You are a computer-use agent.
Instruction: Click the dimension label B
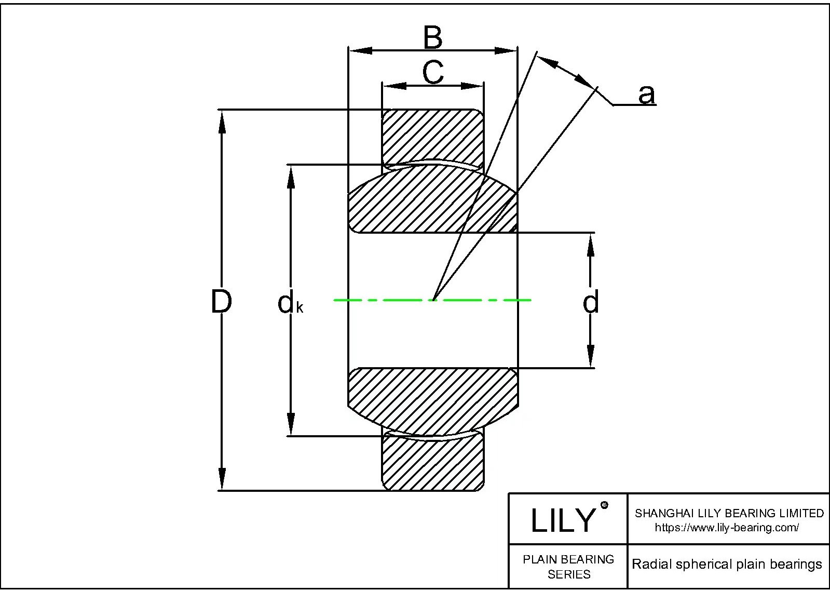click(x=432, y=37)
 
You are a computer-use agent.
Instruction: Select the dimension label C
click(x=432, y=72)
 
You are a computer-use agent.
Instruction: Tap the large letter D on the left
click(x=221, y=302)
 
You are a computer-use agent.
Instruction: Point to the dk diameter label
click(x=290, y=304)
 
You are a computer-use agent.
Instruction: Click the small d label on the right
click(x=591, y=302)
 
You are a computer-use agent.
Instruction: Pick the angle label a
click(x=646, y=95)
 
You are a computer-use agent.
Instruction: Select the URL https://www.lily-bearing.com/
click(x=727, y=528)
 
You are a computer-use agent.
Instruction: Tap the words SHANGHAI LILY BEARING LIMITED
click(x=729, y=513)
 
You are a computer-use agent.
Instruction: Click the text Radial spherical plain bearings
click(x=727, y=565)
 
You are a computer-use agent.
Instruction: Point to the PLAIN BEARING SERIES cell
click(x=568, y=567)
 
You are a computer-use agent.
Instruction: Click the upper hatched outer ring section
click(x=432, y=136)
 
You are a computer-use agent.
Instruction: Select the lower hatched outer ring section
click(x=432, y=464)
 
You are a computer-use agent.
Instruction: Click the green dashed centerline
click(x=394, y=300)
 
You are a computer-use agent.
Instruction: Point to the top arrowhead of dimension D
click(x=222, y=122)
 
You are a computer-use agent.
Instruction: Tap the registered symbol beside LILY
click(x=604, y=505)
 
